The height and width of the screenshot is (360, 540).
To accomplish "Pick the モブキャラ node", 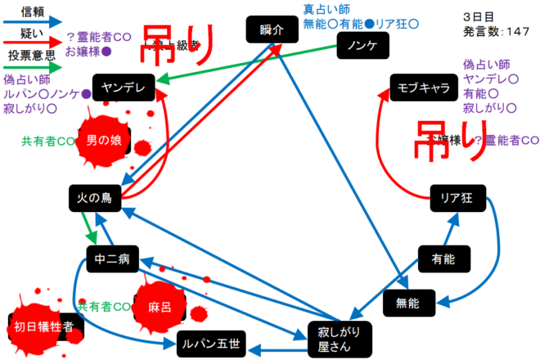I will (424, 88).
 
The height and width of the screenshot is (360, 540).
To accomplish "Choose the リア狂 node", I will (458, 197).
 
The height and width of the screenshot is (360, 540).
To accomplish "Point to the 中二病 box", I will (112, 260).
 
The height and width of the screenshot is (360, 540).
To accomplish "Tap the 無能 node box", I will (407, 303).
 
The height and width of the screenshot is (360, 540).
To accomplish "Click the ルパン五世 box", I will (210, 344).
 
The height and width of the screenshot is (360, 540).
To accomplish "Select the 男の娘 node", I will (104, 140).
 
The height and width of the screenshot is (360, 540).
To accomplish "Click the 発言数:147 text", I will (494, 31).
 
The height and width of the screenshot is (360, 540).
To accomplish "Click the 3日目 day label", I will (477, 16).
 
